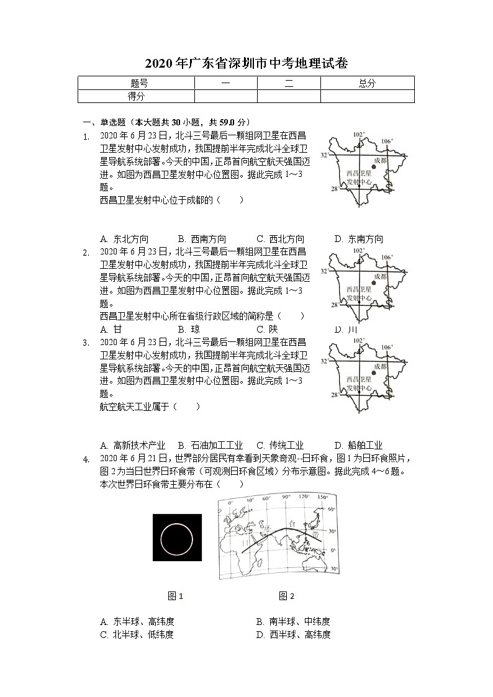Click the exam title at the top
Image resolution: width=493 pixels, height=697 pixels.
coord(246,63)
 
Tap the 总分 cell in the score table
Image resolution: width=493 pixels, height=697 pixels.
coord(367,83)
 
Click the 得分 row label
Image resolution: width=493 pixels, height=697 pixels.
coord(136,96)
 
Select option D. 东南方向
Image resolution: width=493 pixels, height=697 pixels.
coord(358,239)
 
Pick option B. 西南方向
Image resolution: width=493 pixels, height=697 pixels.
coord(202,239)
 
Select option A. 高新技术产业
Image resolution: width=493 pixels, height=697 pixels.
coord(132,445)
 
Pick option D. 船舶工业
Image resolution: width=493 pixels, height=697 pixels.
coord(358,445)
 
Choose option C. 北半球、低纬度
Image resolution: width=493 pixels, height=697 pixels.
coord(137,634)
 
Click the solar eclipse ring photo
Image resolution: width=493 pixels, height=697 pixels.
coord(177,537)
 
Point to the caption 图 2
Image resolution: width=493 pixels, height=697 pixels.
coord(286,596)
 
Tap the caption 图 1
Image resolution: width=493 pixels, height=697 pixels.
coord(176,596)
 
